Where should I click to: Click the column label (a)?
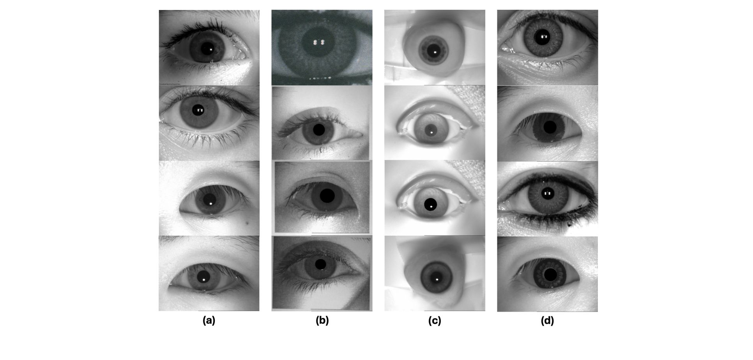tap(209, 321)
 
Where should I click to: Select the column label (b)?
tap(322, 321)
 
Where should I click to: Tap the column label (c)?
tap(435, 321)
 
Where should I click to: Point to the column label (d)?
tap(547, 321)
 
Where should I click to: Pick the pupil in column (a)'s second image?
tap(199, 110)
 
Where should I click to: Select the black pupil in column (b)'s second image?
tap(319, 130)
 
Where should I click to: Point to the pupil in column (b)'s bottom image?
tap(320, 264)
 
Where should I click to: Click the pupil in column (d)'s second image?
tap(550, 127)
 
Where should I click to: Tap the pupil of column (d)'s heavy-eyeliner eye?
tap(547, 193)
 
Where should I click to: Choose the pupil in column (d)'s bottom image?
tap(550, 275)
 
